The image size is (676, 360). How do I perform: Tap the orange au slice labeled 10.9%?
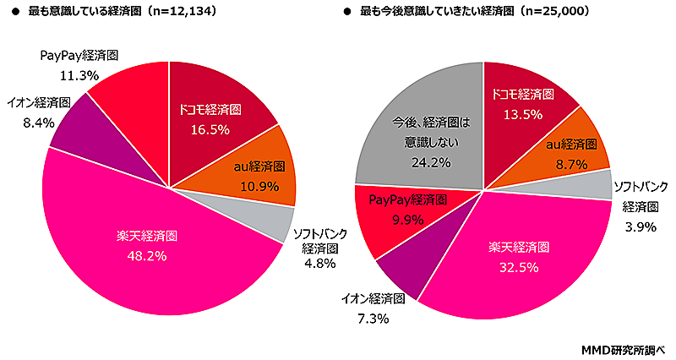point(258,173)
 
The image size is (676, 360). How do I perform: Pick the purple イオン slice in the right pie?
point(406,270)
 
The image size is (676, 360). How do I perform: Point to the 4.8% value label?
point(315,264)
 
